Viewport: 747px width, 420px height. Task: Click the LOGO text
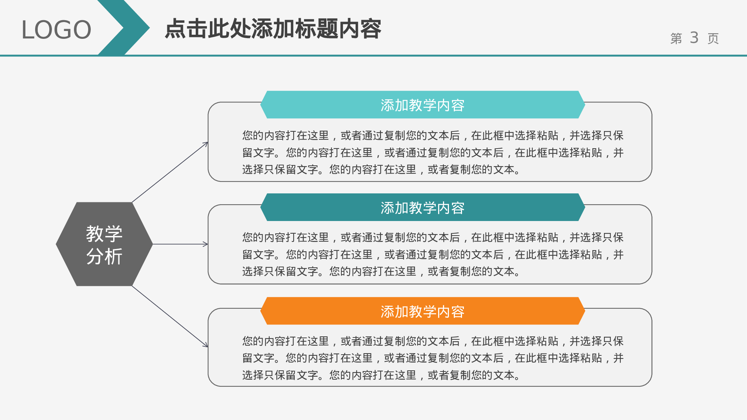tap(56, 30)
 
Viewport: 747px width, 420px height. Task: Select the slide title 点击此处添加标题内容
tap(273, 29)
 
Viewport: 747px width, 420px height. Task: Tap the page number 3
tap(694, 38)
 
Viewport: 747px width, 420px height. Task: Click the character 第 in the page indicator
tap(676, 38)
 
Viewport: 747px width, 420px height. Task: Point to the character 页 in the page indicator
tap(713, 38)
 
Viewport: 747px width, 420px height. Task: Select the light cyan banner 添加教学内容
tap(422, 105)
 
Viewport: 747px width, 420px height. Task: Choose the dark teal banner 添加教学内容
tap(422, 208)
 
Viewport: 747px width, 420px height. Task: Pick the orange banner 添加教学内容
tap(422, 311)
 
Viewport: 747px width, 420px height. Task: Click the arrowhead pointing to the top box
tap(206, 143)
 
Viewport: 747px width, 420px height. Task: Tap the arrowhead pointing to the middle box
tap(205, 244)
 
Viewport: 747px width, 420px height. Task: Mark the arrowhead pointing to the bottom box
tap(205, 345)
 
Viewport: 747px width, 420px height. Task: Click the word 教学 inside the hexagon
tap(104, 234)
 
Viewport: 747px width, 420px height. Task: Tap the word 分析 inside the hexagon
tap(104, 256)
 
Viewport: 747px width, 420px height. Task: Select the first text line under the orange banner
tap(433, 341)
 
